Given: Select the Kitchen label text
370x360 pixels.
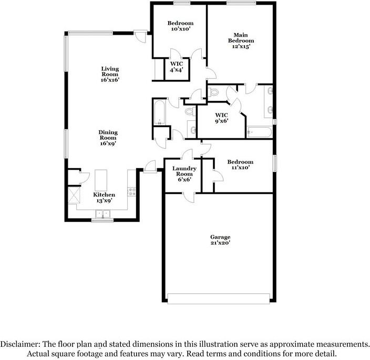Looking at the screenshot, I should click(x=104, y=198).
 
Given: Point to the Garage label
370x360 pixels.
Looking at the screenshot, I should click(x=221, y=240).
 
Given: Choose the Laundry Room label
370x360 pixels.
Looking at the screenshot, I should click(x=184, y=173).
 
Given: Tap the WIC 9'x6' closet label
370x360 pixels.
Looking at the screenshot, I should click(x=221, y=118).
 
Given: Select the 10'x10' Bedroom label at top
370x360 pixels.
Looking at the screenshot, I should click(x=180, y=26).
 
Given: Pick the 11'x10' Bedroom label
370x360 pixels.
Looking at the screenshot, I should click(x=240, y=164).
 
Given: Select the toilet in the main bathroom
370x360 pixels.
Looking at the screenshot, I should click(x=213, y=93).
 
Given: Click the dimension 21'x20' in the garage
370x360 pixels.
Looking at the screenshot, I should click(x=221, y=243).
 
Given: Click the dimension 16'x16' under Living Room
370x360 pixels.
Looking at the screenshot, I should click(x=110, y=80).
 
